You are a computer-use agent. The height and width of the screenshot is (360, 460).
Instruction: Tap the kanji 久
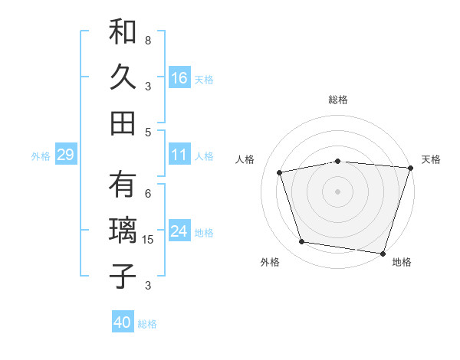pos(123,78)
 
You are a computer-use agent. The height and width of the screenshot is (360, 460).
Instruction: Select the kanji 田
pos(123,123)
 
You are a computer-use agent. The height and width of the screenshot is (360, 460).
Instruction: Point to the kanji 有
pos(123,186)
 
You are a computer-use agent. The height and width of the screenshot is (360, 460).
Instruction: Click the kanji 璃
pos(123,231)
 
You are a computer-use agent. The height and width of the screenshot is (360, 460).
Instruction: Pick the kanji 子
pos(123,275)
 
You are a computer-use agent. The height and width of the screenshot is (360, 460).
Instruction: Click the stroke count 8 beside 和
pos(148,40)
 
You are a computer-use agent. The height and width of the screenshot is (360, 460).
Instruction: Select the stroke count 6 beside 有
pos(148,193)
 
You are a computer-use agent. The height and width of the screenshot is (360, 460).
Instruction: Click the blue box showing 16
pos(179,78)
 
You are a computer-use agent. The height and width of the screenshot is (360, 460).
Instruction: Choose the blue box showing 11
pos(179,155)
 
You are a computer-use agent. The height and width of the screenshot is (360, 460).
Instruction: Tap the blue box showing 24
pos(179,231)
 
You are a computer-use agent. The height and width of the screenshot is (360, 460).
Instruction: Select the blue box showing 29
pos(65,155)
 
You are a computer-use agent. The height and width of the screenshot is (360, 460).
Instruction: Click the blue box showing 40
pos(123,322)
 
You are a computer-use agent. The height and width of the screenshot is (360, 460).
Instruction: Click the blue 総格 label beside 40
pos(147,324)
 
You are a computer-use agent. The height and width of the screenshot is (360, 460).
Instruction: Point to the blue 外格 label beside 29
pos(41,156)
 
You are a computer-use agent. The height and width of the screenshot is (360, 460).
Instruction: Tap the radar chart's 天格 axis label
pos(431,159)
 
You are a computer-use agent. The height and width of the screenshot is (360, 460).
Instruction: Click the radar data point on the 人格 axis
pos(280,172)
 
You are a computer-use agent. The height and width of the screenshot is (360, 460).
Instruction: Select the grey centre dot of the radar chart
pos(338,191)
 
